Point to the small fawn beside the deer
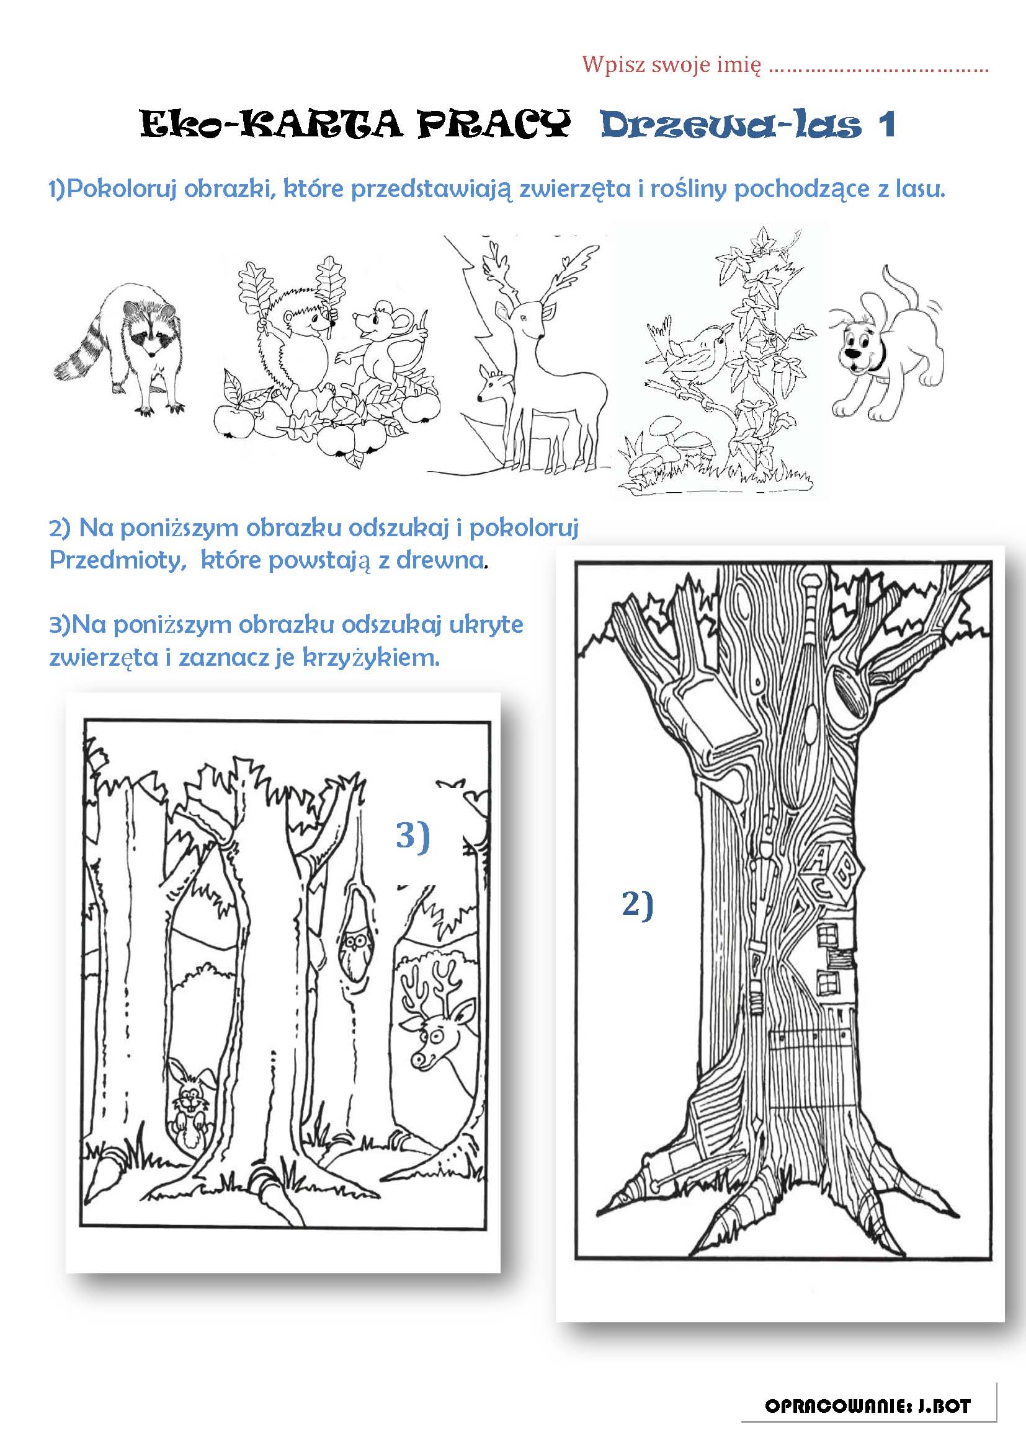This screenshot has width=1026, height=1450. click(x=496, y=410)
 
